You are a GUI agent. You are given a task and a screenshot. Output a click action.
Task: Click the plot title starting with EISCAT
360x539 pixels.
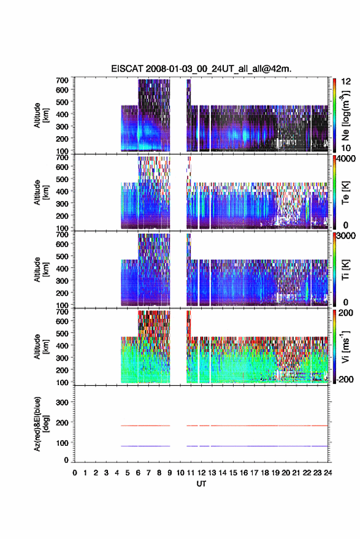[x=201, y=69]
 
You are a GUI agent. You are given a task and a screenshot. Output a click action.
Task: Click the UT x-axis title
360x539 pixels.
[x=201, y=484]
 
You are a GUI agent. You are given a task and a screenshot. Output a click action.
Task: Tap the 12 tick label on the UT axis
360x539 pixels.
[x=202, y=473]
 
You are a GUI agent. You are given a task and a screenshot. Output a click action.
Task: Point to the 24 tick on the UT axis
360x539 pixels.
[x=327, y=473]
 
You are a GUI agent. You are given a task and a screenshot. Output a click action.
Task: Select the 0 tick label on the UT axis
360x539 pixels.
[x=75, y=473]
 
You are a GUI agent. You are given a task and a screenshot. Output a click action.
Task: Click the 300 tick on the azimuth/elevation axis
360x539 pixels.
[x=62, y=402]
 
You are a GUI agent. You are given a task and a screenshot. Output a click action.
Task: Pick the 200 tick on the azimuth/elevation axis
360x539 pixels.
[x=62, y=422]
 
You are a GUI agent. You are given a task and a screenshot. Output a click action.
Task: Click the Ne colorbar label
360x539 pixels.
[x=345, y=115]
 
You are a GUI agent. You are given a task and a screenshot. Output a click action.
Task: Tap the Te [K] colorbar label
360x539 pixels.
[x=345, y=193]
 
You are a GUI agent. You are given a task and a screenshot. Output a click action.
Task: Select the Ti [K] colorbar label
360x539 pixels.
[x=345, y=270]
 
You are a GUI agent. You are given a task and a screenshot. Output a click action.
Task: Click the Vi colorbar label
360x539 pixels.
[x=345, y=346]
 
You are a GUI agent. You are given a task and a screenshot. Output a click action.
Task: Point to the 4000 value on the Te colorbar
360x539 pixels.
[x=347, y=159]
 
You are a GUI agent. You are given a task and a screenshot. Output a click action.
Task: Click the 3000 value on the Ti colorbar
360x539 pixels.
[x=347, y=236]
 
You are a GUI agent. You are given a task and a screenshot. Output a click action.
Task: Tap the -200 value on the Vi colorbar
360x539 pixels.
[x=343, y=379]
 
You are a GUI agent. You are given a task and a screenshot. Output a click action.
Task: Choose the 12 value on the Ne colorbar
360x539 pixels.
[x=347, y=82]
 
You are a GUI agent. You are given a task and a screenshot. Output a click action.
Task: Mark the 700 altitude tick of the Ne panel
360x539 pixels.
[x=62, y=80]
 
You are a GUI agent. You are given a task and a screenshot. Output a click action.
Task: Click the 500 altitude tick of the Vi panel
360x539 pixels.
[x=62, y=333]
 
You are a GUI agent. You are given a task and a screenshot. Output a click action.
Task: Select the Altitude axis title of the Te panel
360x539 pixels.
[x=41, y=193]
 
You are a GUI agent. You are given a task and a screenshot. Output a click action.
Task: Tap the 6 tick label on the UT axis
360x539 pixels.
[x=138, y=473]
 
